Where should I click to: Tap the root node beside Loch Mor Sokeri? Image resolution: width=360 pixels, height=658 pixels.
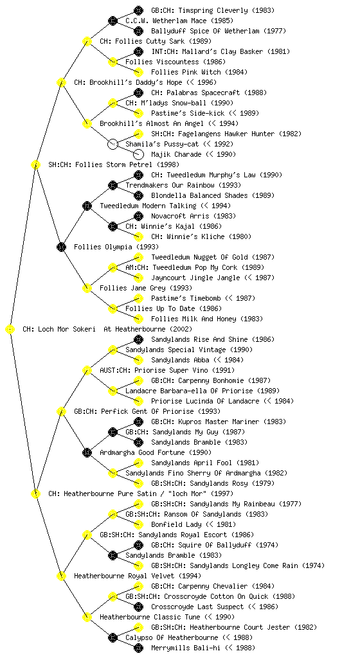pyautogui.click(x=10, y=330)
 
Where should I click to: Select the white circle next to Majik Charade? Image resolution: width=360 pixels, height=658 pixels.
pyautogui.click(x=138, y=154)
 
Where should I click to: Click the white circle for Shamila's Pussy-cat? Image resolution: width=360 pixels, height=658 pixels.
pyautogui.click(x=113, y=144)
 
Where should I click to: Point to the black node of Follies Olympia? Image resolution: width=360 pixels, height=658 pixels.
pyautogui.click(x=61, y=247)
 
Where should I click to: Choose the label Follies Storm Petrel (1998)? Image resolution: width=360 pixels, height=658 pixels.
pyautogui.click(x=114, y=164)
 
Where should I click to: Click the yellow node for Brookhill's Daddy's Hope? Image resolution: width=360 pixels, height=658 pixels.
pyautogui.click(x=61, y=82)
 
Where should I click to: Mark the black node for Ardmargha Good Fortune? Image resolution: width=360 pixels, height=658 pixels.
pyautogui.click(x=87, y=452)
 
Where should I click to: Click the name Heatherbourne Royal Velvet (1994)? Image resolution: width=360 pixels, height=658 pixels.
pyautogui.click(x=138, y=576)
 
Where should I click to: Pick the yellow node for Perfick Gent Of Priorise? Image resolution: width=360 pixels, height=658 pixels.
pyautogui.click(x=61, y=412)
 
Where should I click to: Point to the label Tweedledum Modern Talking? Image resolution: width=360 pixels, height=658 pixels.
pyautogui.click(x=148, y=206)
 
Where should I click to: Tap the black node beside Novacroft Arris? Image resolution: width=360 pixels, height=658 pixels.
pyautogui.click(x=138, y=216)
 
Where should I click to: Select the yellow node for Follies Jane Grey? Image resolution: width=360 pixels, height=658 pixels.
pyautogui.click(x=87, y=288)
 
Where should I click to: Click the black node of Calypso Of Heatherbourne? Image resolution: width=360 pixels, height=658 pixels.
pyautogui.click(x=113, y=637)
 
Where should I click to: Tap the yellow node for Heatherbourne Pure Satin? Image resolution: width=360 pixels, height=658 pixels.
pyautogui.click(x=35, y=493)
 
